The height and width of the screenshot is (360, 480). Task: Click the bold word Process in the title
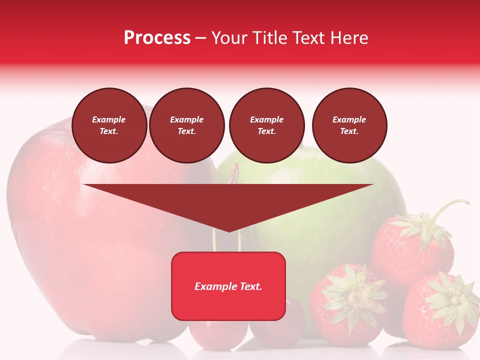(157, 38)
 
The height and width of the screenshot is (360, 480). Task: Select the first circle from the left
(109, 125)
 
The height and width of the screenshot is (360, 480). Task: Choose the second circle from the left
(187, 125)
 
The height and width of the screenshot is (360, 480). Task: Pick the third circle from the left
(266, 125)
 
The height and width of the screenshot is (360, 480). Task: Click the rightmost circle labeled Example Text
(349, 125)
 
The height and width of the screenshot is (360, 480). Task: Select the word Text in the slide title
(306, 38)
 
